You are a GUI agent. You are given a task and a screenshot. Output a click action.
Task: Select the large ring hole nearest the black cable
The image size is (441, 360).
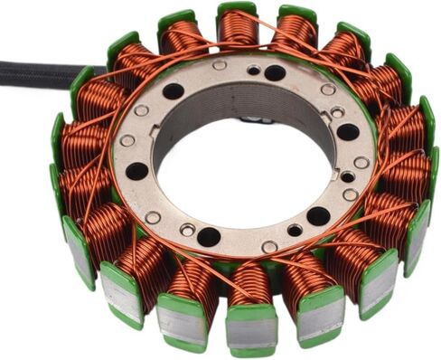173,91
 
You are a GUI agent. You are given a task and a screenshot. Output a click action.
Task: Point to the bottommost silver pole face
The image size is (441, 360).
251,330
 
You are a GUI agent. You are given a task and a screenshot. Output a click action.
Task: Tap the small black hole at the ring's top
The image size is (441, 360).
254,71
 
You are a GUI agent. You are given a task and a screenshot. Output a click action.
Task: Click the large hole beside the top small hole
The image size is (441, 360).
275,73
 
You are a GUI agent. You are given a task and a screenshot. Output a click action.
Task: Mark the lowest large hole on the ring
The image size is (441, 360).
209,237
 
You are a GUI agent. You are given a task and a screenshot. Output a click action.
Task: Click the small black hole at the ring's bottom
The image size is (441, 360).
295,230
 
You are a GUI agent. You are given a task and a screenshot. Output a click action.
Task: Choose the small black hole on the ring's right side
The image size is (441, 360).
348,177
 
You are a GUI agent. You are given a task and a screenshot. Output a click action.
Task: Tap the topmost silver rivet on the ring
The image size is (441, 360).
220,65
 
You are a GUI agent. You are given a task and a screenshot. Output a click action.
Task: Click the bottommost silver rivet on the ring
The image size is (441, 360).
269,247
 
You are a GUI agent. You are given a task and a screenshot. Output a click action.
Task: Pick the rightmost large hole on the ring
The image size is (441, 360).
347,132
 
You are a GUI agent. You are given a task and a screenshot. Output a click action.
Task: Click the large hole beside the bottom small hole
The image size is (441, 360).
317,215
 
